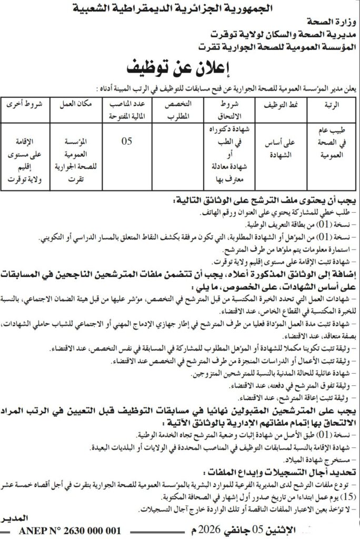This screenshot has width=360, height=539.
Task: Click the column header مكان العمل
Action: point(75,104)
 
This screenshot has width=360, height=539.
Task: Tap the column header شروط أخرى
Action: point(23,104)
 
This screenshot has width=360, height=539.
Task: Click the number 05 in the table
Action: point(126,141)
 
